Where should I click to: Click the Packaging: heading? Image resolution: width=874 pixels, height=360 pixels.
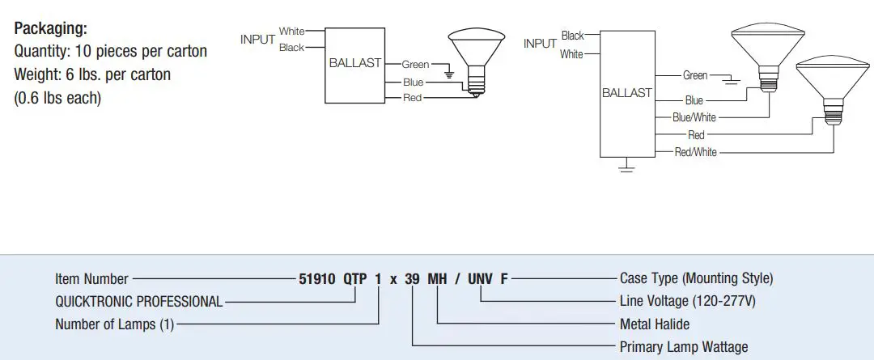pos(50,28)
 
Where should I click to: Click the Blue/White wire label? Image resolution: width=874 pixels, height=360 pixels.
pos(694,117)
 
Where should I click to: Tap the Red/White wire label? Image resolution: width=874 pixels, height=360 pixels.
pos(695,152)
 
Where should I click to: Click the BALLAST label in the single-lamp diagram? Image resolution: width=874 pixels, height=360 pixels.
pos(354,63)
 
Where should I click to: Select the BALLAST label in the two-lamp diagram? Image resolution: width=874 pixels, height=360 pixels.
pos(626,93)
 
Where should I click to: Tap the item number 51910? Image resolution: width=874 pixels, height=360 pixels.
pos(317,278)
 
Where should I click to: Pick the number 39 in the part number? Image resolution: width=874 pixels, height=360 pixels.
pos(413,278)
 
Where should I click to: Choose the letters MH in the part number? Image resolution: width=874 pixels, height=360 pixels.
pos(437,278)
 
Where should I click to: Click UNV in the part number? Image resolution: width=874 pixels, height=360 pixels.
pos(480,278)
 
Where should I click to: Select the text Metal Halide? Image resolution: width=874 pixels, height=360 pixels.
pos(654,324)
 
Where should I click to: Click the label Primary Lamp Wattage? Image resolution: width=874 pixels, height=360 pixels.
pos(683,347)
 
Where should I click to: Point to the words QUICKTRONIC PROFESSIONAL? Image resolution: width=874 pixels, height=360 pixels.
pos(138,302)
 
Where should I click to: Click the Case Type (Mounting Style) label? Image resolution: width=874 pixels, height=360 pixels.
pos(696,278)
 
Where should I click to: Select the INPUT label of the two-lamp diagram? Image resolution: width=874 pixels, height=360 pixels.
pos(540,44)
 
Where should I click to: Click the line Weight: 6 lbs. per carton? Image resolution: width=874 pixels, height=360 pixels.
pos(92,74)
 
